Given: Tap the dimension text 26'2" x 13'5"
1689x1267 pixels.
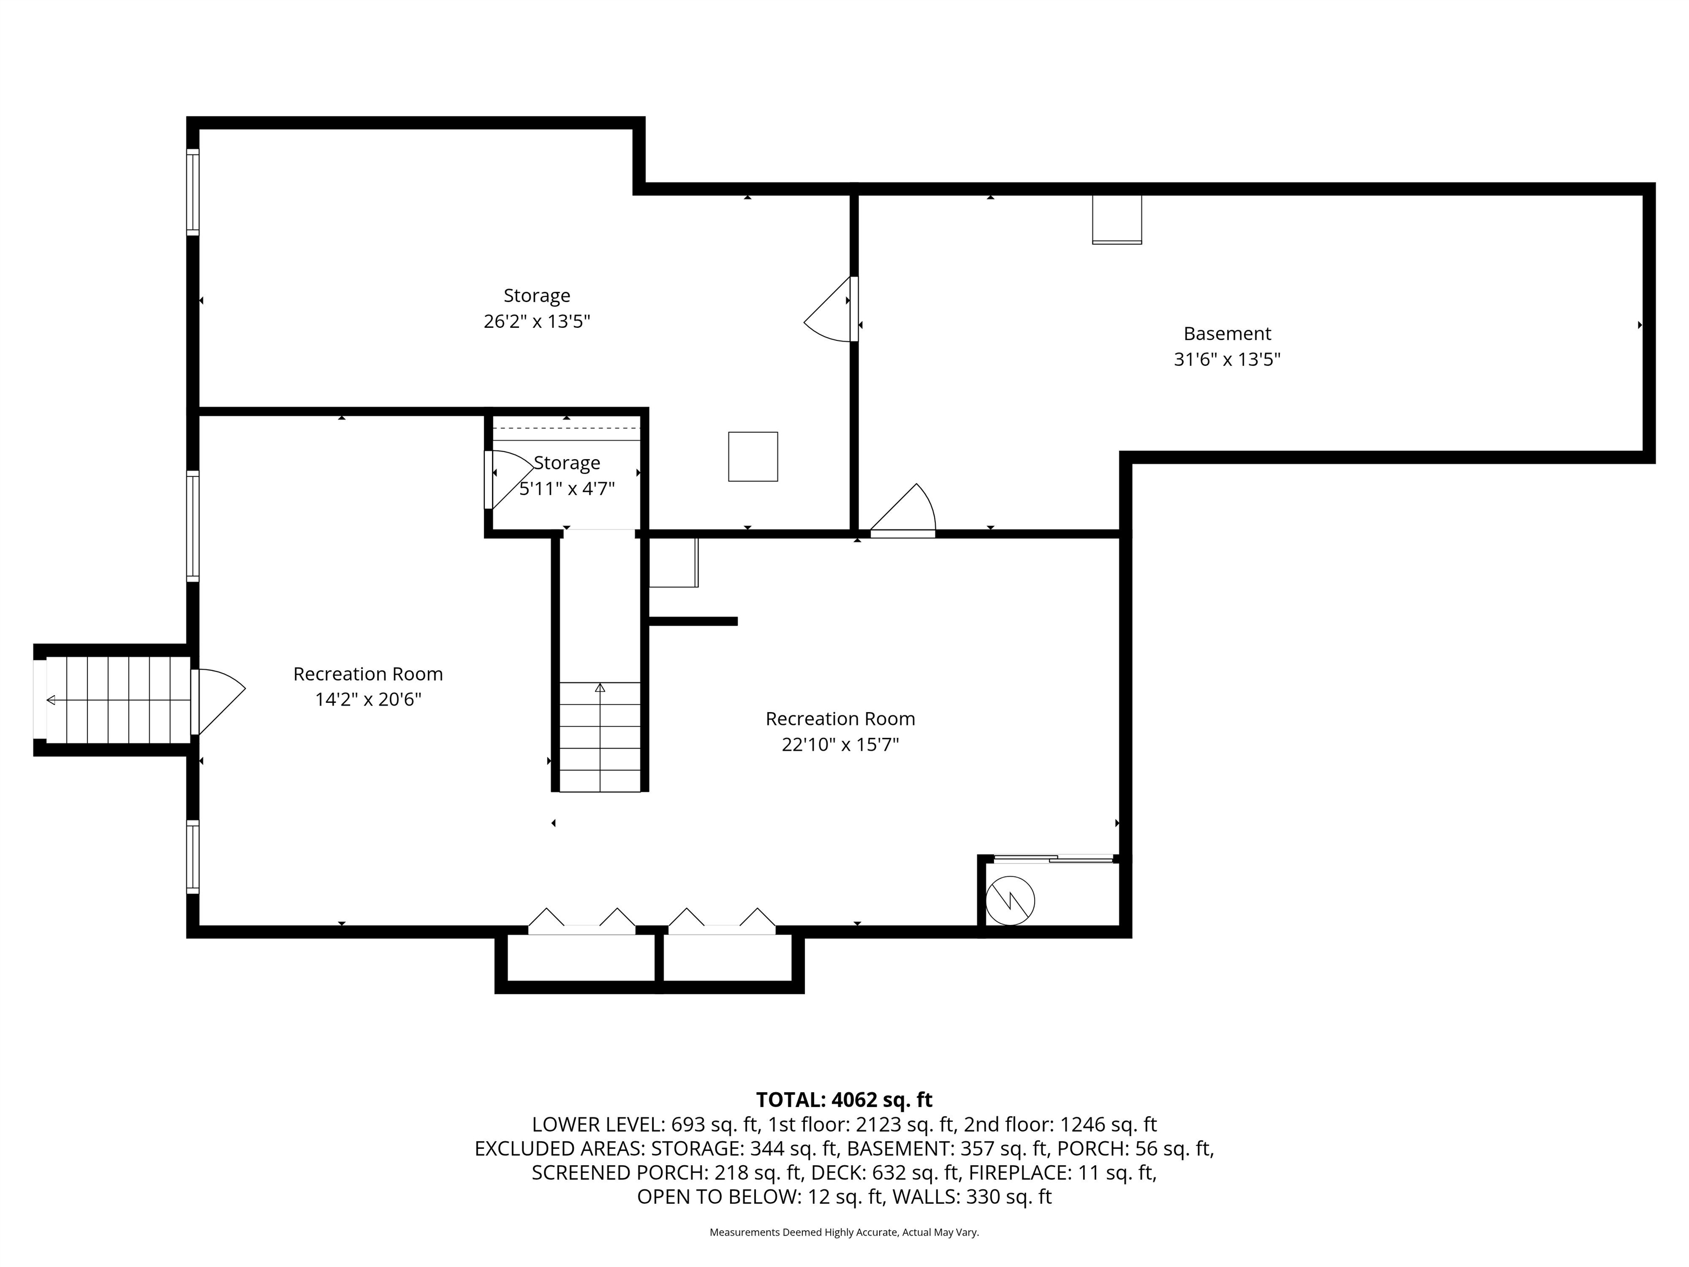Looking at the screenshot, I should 537,322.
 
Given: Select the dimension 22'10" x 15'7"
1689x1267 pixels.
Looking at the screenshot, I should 840,745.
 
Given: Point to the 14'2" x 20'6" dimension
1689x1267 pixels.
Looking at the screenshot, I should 368,699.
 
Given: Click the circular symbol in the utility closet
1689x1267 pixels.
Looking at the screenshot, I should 1009,901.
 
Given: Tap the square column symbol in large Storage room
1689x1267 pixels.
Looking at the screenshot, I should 752,456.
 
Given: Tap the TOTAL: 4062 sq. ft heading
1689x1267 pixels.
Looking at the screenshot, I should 844,1100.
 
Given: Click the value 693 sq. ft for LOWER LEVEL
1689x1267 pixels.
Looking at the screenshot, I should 715,1125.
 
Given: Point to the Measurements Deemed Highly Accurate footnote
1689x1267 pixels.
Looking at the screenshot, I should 844,1232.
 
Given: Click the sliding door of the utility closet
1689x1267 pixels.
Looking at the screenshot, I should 1054,859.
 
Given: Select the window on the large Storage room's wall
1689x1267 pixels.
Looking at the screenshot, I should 193,191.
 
